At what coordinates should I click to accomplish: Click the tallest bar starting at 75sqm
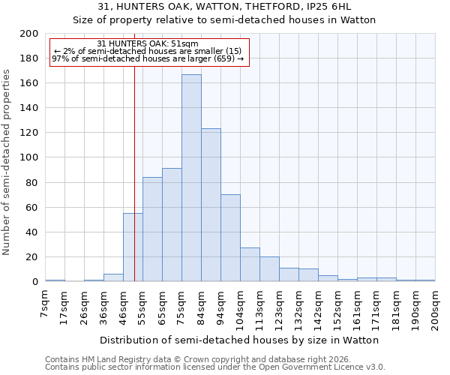(x=191, y=178)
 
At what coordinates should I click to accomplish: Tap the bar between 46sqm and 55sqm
(x=133, y=247)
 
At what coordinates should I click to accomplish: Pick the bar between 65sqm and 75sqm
(x=172, y=225)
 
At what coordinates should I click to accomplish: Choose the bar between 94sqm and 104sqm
(x=230, y=238)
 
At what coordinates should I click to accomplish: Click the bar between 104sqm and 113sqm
(x=250, y=265)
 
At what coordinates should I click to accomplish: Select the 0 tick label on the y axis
(x=34, y=282)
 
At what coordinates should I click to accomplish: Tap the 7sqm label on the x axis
(x=46, y=304)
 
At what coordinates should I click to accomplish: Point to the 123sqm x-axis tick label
(x=280, y=307)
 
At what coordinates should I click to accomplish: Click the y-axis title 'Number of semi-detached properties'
(x=7, y=162)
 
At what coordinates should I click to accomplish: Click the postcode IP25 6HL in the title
(x=340, y=7)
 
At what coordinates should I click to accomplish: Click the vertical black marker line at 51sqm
(x=134, y=187)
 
